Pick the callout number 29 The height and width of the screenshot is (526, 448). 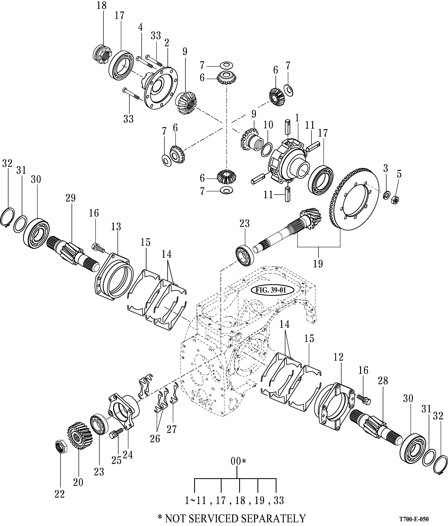click(71, 198)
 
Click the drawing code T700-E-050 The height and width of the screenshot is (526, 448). click(414, 519)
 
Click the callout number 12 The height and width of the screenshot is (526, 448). click(338, 357)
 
